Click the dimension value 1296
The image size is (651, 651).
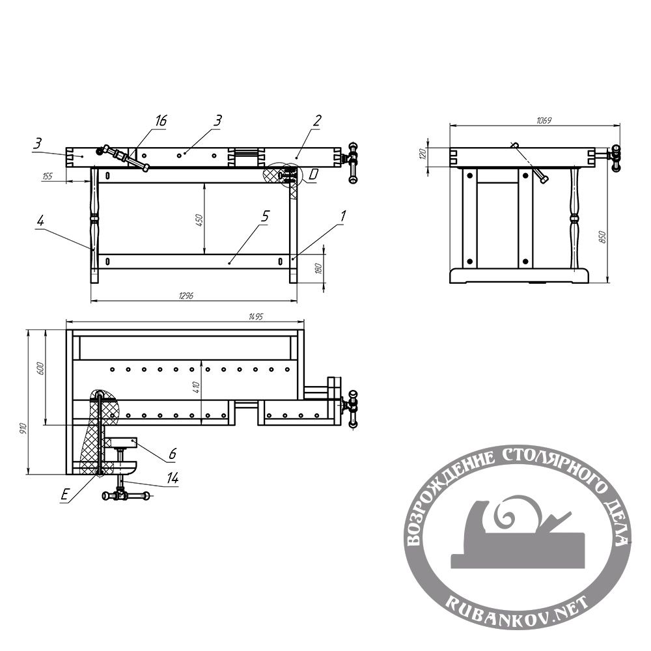point(186,296)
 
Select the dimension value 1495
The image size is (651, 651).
point(256,316)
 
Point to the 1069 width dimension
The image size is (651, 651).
point(544,120)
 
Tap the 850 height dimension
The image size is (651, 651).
point(603,237)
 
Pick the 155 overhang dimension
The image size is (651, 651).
point(48,176)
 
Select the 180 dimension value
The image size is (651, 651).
point(319,268)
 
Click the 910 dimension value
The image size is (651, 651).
point(23,429)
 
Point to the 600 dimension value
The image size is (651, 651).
point(40,368)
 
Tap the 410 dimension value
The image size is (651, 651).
point(197,387)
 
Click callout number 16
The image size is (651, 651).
point(161,121)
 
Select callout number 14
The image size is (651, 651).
point(173,478)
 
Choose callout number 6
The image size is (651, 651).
point(173,453)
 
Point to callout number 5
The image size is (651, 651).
point(265,216)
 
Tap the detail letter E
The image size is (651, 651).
point(64,495)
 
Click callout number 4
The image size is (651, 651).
point(40,221)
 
